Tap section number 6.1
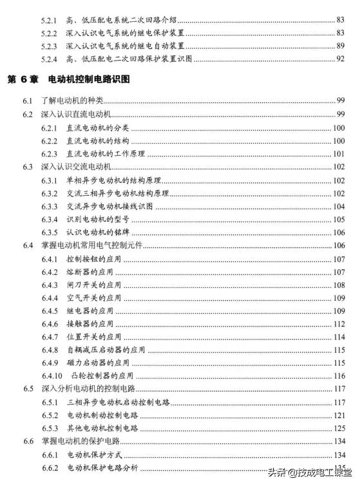(28, 101)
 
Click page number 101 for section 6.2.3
(339, 154)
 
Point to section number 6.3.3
(50, 206)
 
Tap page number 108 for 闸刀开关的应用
(339, 285)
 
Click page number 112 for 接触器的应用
(339, 324)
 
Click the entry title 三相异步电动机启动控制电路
(118, 403)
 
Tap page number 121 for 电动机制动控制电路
(339, 415)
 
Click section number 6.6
(28, 442)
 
